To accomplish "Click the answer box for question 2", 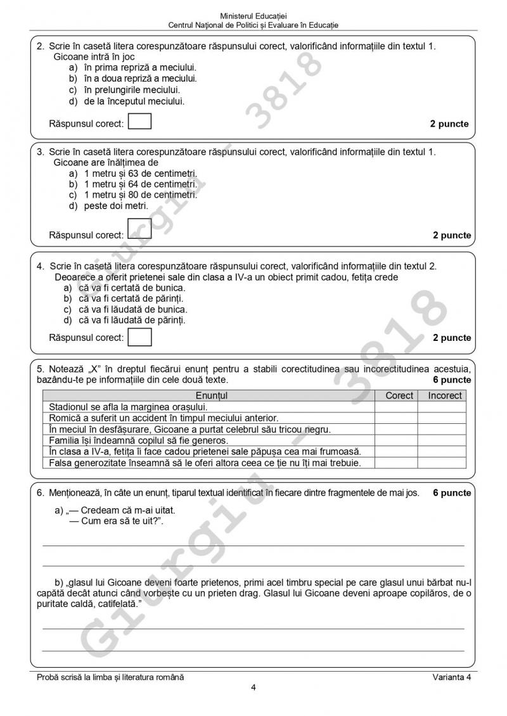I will click(139, 121).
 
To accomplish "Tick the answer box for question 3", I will click(139, 231).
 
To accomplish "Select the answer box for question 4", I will click(139, 337).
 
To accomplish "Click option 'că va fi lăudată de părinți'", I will click(132, 320).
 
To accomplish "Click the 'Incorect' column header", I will click(445, 395).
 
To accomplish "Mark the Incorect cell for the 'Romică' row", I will click(445, 418).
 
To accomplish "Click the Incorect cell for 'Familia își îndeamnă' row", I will click(445, 440).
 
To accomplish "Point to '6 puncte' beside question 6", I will click(452, 492).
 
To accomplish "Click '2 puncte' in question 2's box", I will click(449, 124).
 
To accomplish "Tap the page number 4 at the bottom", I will click(253, 688).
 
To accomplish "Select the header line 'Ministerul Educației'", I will click(253, 15).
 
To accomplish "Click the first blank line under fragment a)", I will click(253, 544).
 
